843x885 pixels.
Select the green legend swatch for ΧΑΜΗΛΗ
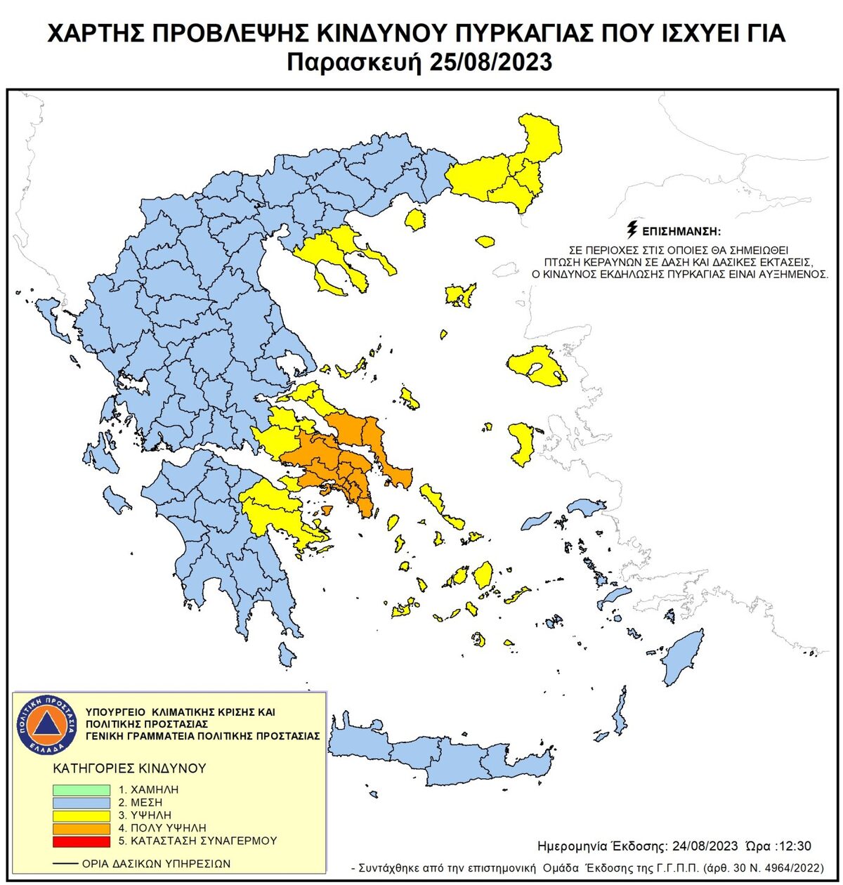[x=81, y=790]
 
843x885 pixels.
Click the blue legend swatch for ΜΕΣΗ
[x=81, y=803]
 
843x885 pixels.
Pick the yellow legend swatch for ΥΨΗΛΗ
[x=81, y=815]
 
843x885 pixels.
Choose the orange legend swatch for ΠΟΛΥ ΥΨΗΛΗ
[x=81, y=828]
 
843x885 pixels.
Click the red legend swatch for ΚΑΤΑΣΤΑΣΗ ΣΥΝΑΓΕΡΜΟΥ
[x=81, y=841]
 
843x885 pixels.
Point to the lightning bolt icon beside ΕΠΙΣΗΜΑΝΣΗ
[x=632, y=230]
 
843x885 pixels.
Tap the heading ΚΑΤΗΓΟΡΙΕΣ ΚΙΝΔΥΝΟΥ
[x=129, y=768]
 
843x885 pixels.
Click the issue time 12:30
[x=797, y=846]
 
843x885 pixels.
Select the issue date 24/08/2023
[x=706, y=846]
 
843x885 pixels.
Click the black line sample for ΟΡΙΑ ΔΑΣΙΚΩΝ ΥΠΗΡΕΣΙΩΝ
[x=65, y=863]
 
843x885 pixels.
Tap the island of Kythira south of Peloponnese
[x=287, y=655]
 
